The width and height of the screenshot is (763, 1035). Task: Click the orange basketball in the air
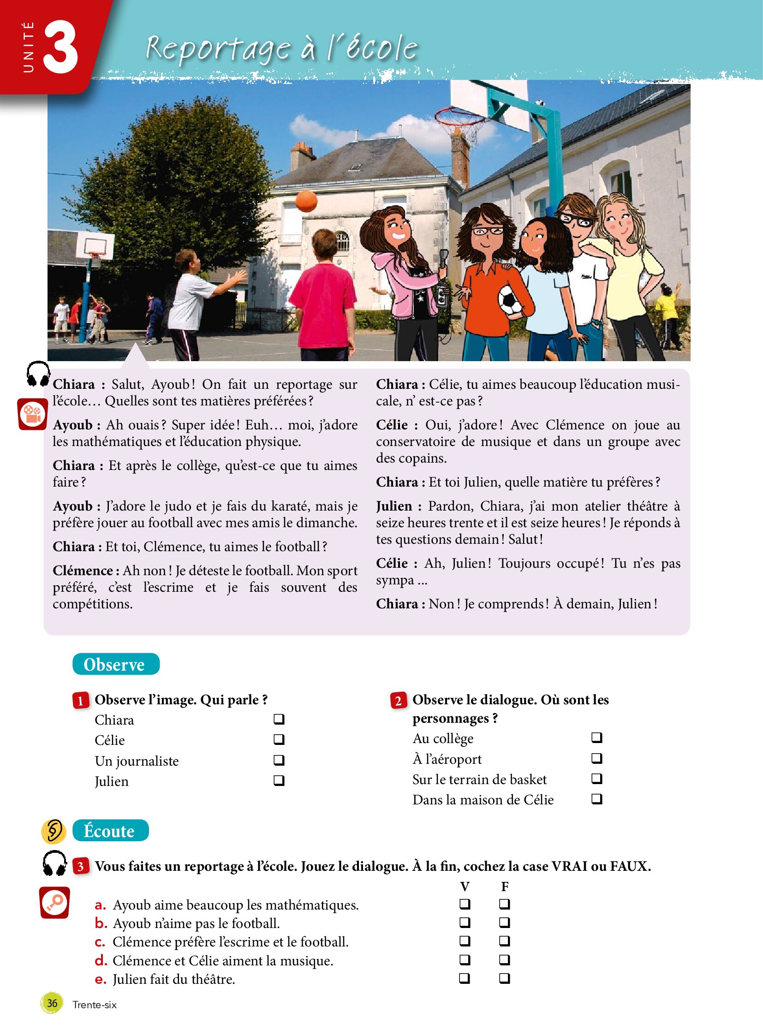[306, 201]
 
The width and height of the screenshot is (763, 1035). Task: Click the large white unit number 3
[60, 47]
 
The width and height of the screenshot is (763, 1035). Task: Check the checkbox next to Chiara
[279, 719]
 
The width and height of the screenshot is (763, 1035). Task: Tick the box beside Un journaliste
[279, 760]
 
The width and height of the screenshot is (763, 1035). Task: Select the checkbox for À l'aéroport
[597, 758]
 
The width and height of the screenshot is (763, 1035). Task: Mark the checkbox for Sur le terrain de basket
[597, 778]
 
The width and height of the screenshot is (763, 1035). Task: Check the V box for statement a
[465, 904]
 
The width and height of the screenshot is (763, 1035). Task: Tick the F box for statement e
[504, 978]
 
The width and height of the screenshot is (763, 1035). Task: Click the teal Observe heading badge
[116, 664]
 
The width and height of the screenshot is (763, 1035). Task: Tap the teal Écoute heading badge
[110, 830]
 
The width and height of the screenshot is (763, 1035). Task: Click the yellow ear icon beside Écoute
[54, 831]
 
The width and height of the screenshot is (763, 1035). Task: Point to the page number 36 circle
[52, 1003]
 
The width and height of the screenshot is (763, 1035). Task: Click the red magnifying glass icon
[54, 902]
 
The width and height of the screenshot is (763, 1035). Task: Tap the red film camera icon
[32, 414]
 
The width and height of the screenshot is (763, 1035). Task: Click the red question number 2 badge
[398, 701]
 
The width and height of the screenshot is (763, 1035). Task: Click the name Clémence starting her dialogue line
[83, 571]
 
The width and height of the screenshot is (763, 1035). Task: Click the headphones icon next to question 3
[54, 863]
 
